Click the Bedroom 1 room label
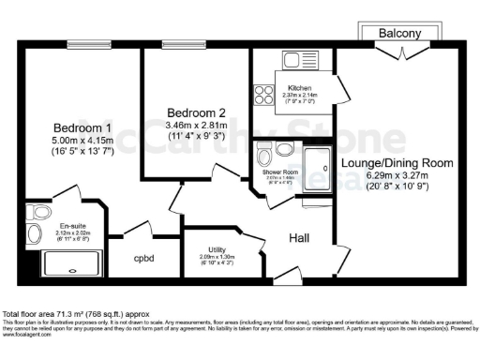[x=82, y=127]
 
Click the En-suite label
[x=73, y=226]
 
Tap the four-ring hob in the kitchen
[x=262, y=95]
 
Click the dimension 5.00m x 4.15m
[x=82, y=142]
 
